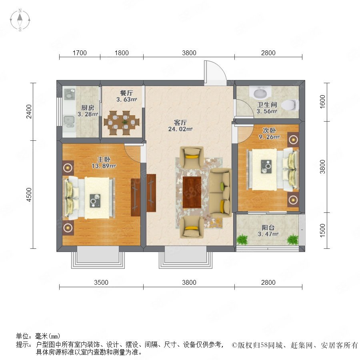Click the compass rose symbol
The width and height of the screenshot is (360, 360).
(x=20, y=20)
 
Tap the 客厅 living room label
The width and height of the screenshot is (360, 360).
(x=180, y=126)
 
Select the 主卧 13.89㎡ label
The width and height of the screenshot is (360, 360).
(x=104, y=162)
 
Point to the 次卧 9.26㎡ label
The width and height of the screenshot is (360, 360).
(x=269, y=134)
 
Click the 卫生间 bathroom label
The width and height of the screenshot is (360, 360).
(x=267, y=108)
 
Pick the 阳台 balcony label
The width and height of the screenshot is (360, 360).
(x=268, y=231)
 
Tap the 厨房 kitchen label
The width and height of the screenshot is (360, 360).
(x=88, y=111)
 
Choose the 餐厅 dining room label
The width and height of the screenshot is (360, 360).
(x=126, y=96)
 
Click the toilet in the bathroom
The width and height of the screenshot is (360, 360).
(x=290, y=105)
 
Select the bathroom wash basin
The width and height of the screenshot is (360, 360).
(x=260, y=92)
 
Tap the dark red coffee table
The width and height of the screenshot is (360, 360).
(x=192, y=192)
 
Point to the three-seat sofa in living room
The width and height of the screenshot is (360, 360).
(x=220, y=193)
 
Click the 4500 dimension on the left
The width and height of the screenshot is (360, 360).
(x=29, y=194)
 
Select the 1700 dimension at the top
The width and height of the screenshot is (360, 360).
(x=80, y=53)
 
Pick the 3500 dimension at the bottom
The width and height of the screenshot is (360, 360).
(x=101, y=282)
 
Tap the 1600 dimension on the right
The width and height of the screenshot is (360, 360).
(x=322, y=102)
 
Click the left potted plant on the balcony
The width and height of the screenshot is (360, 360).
(x=242, y=240)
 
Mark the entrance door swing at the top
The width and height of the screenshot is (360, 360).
(x=215, y=72)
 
